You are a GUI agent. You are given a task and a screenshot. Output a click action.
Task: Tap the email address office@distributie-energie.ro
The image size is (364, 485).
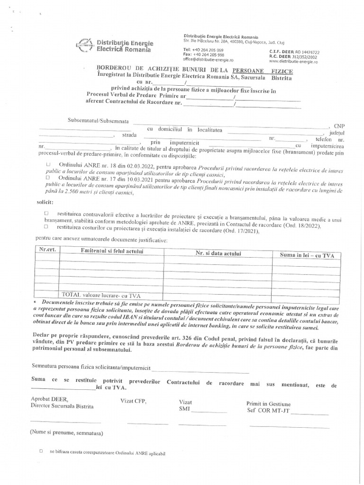point(208,60)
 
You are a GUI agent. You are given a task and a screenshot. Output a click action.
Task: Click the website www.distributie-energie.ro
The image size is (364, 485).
point(293,62)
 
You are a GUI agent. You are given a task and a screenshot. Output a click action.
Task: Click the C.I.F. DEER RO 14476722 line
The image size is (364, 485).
point(294,52)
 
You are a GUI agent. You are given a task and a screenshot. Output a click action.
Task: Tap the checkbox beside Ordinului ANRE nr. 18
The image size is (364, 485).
point(48,164)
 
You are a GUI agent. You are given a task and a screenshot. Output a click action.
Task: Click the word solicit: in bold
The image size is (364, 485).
point(45,202)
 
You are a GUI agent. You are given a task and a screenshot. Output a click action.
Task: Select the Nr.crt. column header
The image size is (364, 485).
point(48,250)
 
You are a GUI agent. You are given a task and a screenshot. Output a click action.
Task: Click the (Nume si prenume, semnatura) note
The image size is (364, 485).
point(66,433)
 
